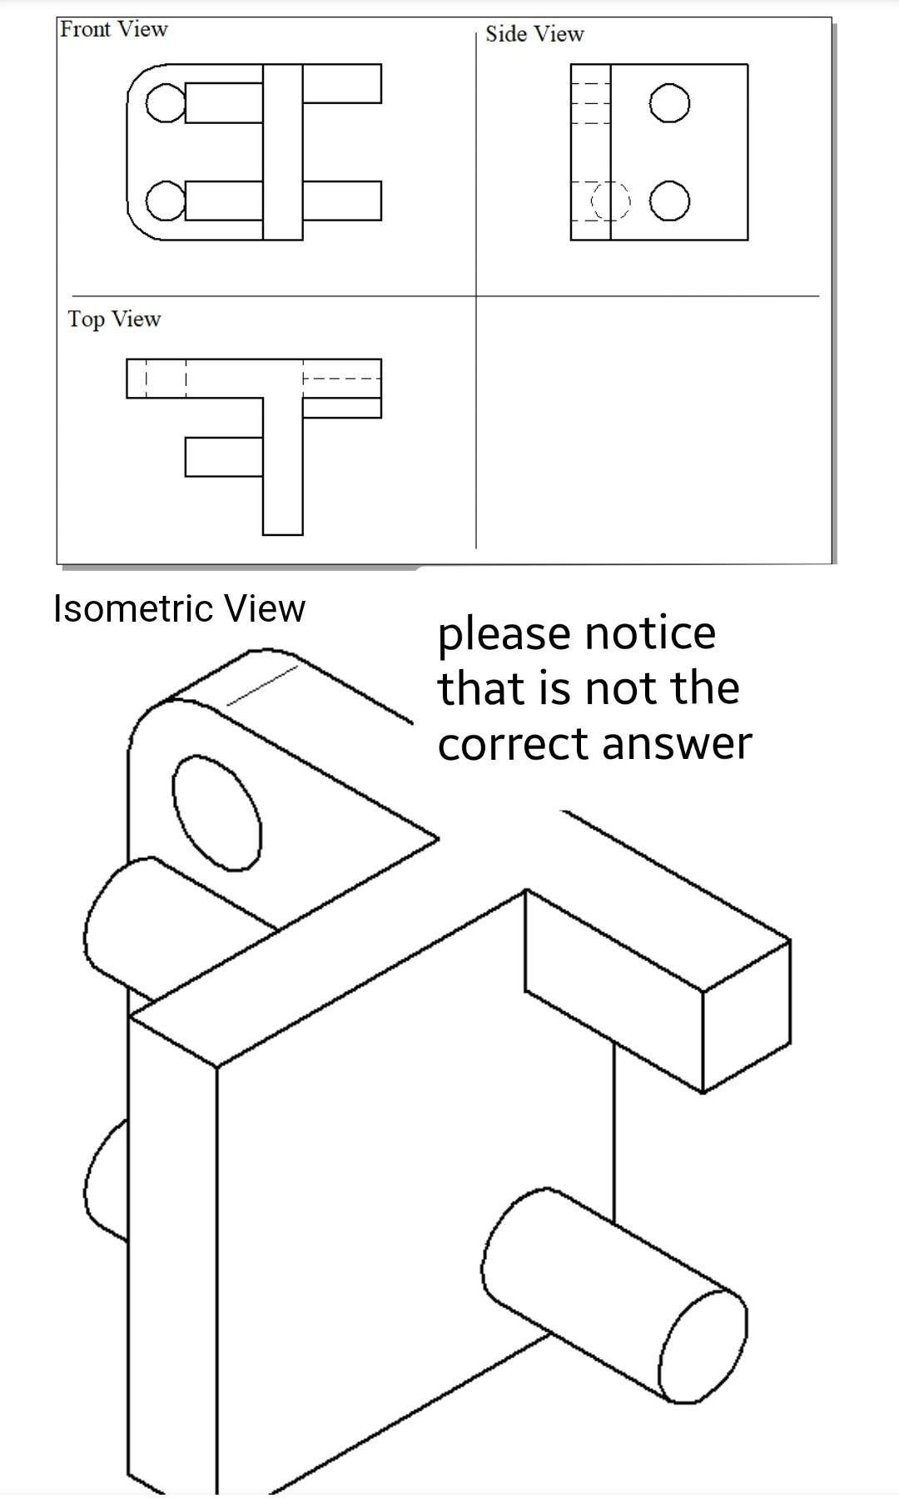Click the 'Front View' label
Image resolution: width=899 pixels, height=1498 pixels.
pyautogui.click(x=114, y=29)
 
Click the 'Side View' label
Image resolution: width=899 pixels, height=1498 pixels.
pyautogui.click(x=534, y=34)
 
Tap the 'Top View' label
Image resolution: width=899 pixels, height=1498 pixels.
pyautogui.click(x=114, y=319)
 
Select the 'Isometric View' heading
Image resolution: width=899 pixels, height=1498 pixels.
pyautogui.click(x=179, y=608)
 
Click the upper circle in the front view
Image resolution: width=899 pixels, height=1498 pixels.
pyautogui.click(x=164, y=103)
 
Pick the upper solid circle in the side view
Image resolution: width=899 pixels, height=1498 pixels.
pyautogui.click(x=669, y=105)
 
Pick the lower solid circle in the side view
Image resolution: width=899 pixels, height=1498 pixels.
pyautogui.click(x=669, y=202)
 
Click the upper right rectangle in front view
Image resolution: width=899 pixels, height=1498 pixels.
pyautogui.click(x=341, y=83)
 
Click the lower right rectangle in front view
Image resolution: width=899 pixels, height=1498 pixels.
pyautogui.click(x=341, y=201)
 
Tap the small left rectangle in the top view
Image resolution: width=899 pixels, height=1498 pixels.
pyautogui.click(x=223, y=457)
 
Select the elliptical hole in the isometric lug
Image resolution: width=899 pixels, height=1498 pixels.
pyautogui.click(x=216, y=812)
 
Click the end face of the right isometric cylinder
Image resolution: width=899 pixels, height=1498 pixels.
pyautogui.click(x=704, y=1347)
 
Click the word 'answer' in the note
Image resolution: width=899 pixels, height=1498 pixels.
pyautogui.click(x=676, y=743)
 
